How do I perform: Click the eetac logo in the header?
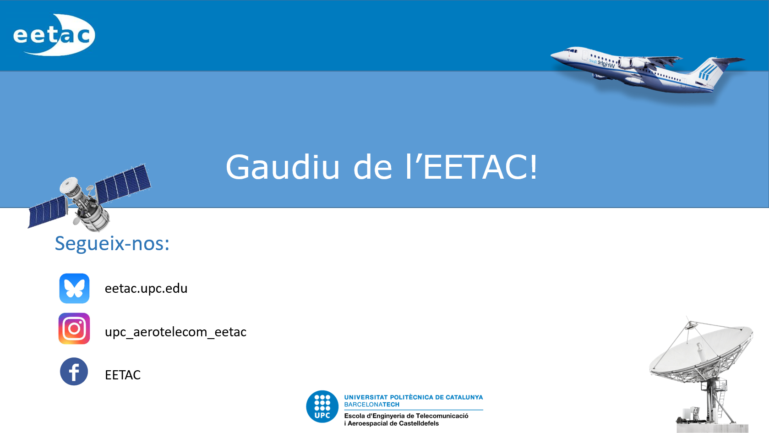pyautogui.click(x=54, y=35)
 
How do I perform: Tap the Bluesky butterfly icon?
pyautogui.click(x=74, y=289)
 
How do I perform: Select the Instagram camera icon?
pyautogui.click(x=74, y=329)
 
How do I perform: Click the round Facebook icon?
pyautogui.click(x=74, y=372)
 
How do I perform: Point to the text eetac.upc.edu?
pyautogui.click(x=146, y=289)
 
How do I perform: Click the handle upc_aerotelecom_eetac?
pyautogui.click(x=175, y=332)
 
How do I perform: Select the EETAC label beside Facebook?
pyautogui.click(x=123, y=375)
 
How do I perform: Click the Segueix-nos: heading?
pyautogui.click(x=112, y=243)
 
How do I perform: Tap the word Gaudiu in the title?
pyautogui.click(x=283, y=167)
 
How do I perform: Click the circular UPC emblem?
pyautogui.click(x=322, y=406)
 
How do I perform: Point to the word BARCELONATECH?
pyautogui.click(x=372, y=405)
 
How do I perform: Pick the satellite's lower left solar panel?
pyautogui.click(x=47, y=212)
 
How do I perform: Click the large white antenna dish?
pyautogui.click(x=701, y=352)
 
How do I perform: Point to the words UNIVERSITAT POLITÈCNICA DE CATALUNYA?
pyautogui.click(x=413, y=397)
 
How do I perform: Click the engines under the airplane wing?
pyautogui.click(x=632, y=63)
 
